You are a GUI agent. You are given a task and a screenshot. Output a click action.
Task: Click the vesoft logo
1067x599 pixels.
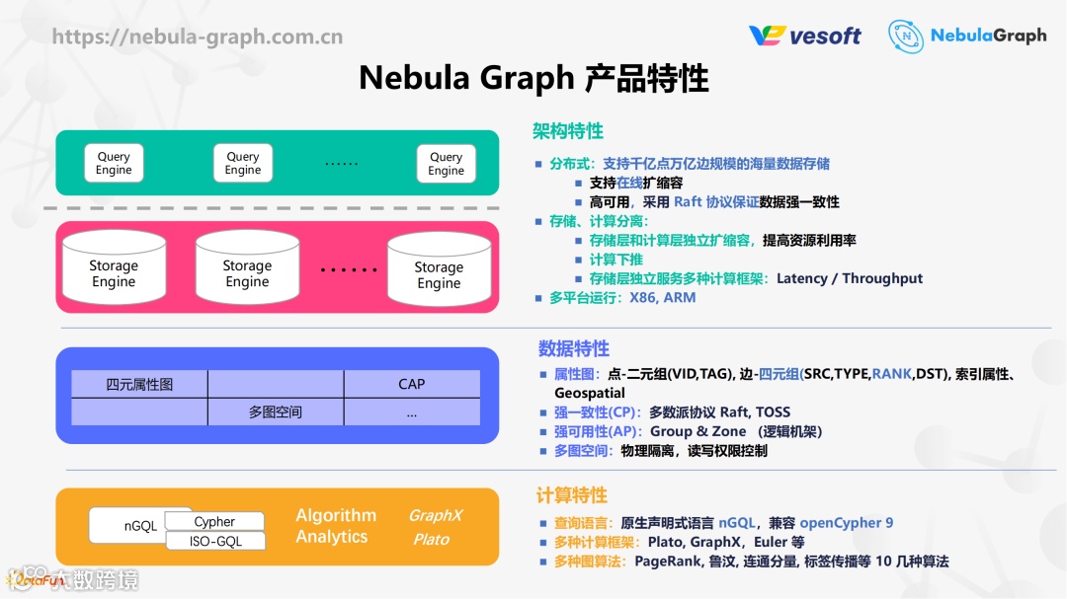pyautogui.click(x=805, y=37)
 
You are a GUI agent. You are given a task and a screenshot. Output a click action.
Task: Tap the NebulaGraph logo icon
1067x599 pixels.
pyautogui.click(x=906, y=37)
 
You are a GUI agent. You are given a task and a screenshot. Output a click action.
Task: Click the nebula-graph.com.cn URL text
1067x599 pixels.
pyautogui.click(x=198, y=37)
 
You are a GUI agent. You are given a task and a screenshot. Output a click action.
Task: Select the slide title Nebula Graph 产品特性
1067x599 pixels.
pyautogui.click(x=533, y=78)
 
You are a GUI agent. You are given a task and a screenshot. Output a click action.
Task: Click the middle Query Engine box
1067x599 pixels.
pyautogui.click(x=243, y=163)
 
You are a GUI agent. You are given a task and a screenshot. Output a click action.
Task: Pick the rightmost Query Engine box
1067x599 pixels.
pyautogui.click(x=446, y=163)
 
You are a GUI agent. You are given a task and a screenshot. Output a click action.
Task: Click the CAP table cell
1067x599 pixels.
pyautogui.click(x=412, y=384)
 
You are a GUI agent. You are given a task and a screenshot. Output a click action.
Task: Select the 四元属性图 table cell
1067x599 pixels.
pyautogui.click(x=139, y=384)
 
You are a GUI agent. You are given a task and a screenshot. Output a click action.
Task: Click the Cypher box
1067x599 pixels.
pyautogui.click(x=214, y=521)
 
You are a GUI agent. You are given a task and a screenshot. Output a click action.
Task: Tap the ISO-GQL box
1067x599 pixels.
pyautogui.click(x=214, y=541)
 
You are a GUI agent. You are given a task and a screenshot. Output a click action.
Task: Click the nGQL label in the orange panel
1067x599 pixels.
pyautogui.click(x=140, y=526)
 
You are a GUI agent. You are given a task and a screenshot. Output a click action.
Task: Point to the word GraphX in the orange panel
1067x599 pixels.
pyautogui.click(x=436, y=515)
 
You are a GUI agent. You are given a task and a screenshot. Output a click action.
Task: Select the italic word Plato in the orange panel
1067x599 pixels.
pyautogui.click(x=431, y=539)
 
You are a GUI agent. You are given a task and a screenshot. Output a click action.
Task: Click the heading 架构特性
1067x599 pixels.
pyautogui.click(x=568, y=131)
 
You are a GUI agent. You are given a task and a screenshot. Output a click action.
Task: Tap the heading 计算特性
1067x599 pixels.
pyautogui.click(x=572, y=495)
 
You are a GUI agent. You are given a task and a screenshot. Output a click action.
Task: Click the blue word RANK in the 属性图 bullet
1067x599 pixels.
pyautogui.click(x=892, y=374)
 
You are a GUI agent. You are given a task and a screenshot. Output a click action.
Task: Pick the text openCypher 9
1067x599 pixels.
pyautogui.click(x=847, y=522)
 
